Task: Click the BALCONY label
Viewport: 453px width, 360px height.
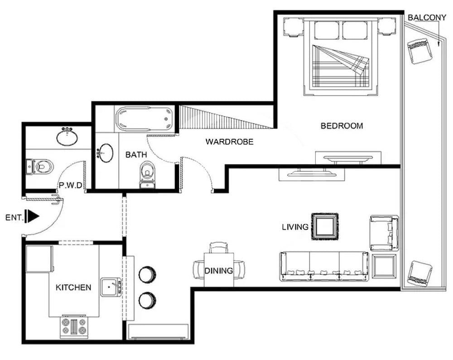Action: pyautogui.click(x=427, y=18)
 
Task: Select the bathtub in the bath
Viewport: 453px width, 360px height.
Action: pyautogui.click(x=145, y=119)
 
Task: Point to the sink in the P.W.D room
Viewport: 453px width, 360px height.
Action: pyautogui.click(x=67, y=136)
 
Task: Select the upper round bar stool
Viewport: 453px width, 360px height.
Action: pyautogui.click(x=147, y=274)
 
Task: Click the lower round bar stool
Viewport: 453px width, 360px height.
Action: pyautogui.click(x=147, y=300)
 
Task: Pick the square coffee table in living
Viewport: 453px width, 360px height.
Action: pyautogui.click(x=325, y=226)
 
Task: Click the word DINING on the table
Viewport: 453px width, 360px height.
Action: pyautogui.click(x=218, y=271)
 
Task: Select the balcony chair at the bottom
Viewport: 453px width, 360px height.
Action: pyautogui.click(x=419, y=273)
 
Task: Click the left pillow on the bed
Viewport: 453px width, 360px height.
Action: pyautogui.click(x=326, y=30)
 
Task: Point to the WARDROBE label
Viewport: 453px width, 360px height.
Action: pyautogui.click(x=229, y=142)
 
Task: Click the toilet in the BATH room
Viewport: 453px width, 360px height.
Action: pyautogui.click(x=147, y=175)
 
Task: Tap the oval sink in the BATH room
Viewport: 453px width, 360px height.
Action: pyautogui.click(x=106, y=153)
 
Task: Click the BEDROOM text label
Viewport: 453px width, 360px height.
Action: pyautogui.click(x=342, y=126)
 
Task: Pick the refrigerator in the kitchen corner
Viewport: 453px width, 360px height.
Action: pyautogui.click(x=39, y=259)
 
